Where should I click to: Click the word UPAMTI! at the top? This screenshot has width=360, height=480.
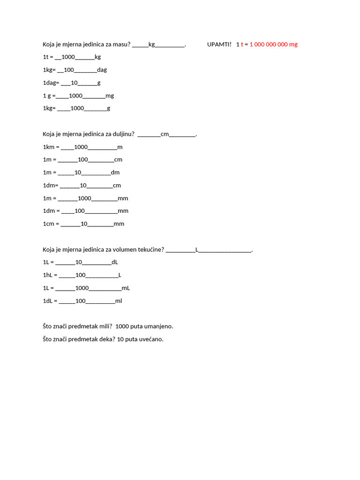click(219, 45)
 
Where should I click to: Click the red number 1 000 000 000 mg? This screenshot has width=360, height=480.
click(274, 45)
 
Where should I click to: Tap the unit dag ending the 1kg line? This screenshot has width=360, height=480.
click(102, 70)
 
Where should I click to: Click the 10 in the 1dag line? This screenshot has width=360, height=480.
click(74, 83)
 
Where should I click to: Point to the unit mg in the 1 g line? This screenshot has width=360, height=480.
click(110, 96)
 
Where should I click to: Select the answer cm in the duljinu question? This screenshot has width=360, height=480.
click(165, 134)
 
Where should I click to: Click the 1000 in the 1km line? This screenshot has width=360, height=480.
click(81, 147)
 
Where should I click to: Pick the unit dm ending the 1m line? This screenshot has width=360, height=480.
click(115, 172)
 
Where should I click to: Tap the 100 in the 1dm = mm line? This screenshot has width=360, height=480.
click(80, 211)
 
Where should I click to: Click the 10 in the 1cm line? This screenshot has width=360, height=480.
click(84, 224)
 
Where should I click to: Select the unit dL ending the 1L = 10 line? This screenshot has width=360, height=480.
click(115, 262)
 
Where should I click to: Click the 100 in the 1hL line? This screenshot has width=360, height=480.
click(81, 275)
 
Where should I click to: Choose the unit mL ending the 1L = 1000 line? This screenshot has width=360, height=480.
click(126, 288)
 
